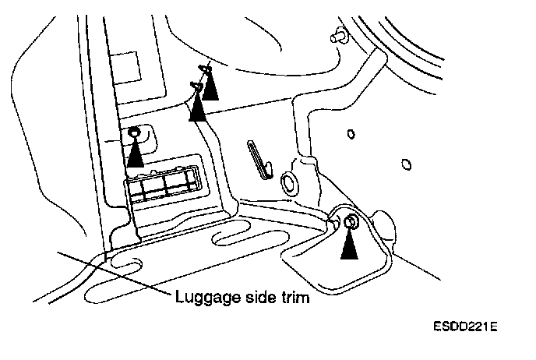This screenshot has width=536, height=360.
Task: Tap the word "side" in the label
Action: [x=250, y=296]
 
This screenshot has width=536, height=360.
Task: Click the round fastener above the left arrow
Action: [x=135, y=132]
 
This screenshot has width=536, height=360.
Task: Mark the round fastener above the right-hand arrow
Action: [x=350, y=224]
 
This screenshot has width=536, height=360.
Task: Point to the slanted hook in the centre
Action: [x=259, y=159]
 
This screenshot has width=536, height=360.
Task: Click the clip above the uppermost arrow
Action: [x=204, y=67]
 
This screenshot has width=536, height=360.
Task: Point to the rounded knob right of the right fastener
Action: [x=388, y=231]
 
